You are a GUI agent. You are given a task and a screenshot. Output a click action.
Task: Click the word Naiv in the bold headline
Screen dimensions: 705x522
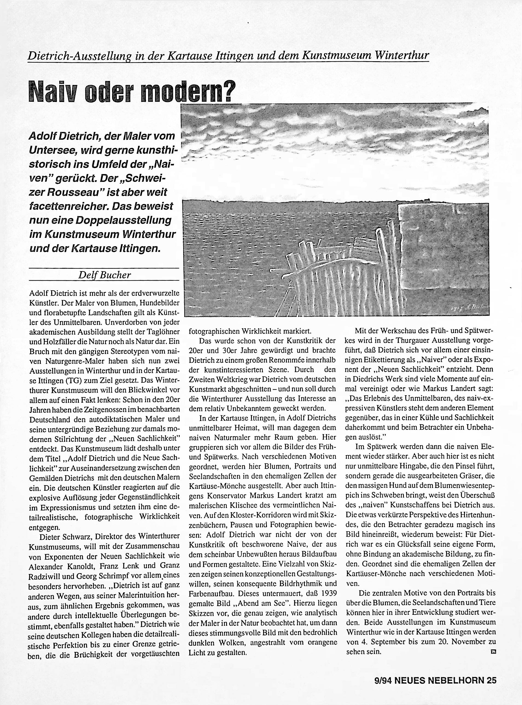pyautogui.click(x=49, y=91)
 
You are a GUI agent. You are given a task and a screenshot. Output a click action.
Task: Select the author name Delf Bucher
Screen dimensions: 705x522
pyautogui.click(x=104, y=275)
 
